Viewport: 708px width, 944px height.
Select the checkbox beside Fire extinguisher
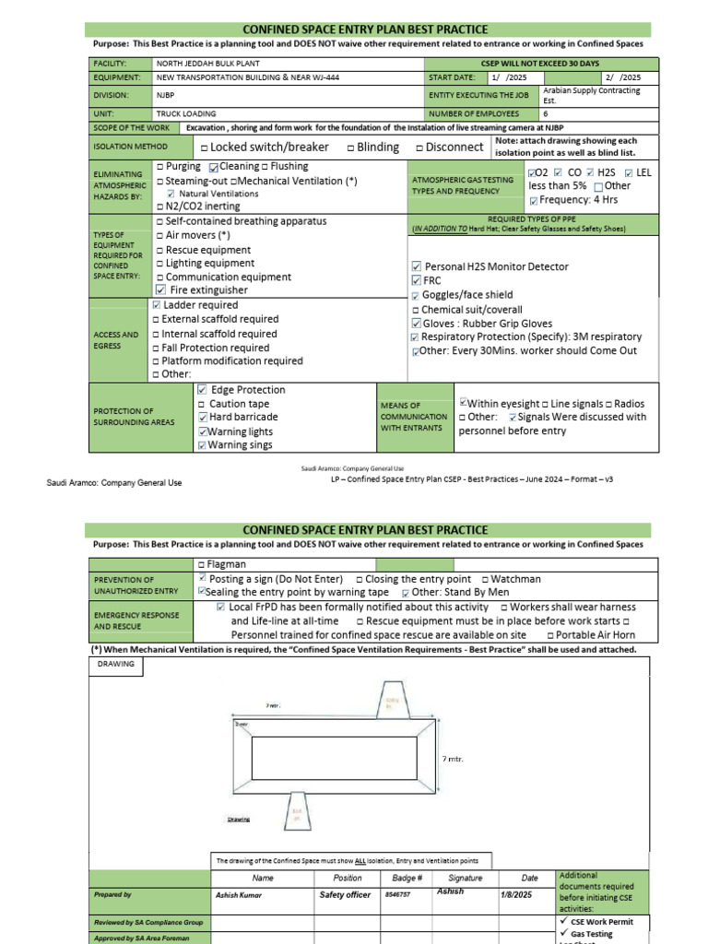tap(161, 289)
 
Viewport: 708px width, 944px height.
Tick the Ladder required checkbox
tap(156, 305)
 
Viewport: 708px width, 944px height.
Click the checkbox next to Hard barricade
tap(202, 418)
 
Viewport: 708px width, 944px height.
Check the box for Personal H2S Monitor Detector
tap(417, 267)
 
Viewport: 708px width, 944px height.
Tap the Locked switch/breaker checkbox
tap(203, 147)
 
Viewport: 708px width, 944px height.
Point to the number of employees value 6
tap(546, 113)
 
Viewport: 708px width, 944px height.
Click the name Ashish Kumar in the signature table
tap(239, 895)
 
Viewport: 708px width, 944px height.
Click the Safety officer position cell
tap(345, 895)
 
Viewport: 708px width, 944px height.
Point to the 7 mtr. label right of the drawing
tap(453, 759)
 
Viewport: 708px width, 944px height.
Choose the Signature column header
tap(466, 879)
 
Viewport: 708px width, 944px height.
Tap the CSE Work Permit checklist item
tap(604, 921)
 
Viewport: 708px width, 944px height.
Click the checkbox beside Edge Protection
tap(202, 390)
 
